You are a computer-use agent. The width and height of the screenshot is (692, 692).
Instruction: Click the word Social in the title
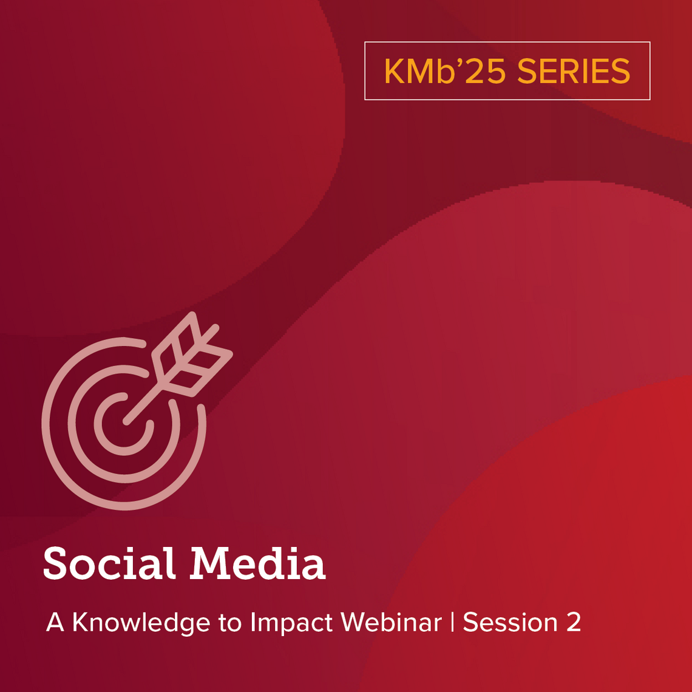click(109, 563)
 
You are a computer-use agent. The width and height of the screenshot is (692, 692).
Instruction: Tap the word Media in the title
click(257, 563)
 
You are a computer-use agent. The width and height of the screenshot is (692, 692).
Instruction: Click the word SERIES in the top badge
click(574, 71)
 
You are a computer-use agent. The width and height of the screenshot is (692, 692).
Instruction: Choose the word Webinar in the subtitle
click(391, 623)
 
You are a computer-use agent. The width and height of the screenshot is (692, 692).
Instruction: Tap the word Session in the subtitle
click(510, 623)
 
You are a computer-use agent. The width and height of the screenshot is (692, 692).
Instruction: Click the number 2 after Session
click(574, 623)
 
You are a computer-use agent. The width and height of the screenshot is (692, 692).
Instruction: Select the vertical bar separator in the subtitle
click(452, 623)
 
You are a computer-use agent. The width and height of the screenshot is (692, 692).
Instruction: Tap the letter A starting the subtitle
click(55, 623)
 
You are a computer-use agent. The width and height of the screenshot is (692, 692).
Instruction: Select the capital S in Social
click(56, 563)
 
